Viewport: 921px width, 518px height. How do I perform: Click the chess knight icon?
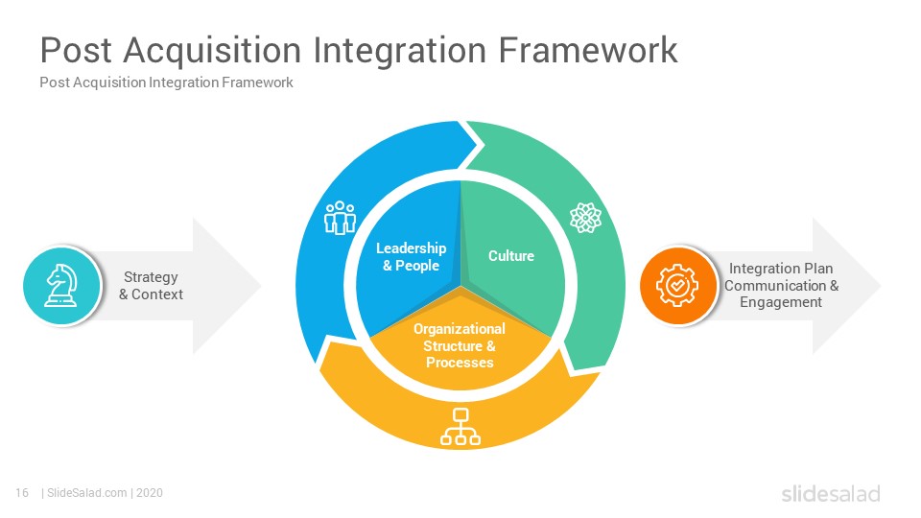[x=61, y=286]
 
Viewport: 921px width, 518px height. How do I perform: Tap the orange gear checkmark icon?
[x=677, y=286]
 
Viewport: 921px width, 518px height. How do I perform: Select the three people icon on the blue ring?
[x=340, y=218]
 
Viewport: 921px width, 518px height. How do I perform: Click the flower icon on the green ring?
[x=585, y=218]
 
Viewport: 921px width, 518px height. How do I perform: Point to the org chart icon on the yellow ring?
[x=460, y=426]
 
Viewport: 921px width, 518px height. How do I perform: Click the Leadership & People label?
[x=412, y=257]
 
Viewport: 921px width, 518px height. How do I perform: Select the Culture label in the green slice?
[x=511, y=256]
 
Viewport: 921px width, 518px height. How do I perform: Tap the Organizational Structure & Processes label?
[x=460, y=346]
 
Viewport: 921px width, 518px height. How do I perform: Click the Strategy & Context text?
[x=151, y=286]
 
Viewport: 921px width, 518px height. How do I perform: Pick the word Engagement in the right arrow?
[x=781, y=302]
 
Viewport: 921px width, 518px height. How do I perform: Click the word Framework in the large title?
[x=588, y=50]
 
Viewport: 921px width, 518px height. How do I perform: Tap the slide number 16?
[x=22, y=493]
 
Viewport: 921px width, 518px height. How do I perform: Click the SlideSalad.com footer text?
[x=87, y=493]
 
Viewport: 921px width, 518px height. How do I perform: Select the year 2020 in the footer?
[x=150, y=493]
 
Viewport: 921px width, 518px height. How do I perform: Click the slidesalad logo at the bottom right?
[x=831, y=493]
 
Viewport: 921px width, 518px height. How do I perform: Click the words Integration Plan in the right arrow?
[x=781, y=269]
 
